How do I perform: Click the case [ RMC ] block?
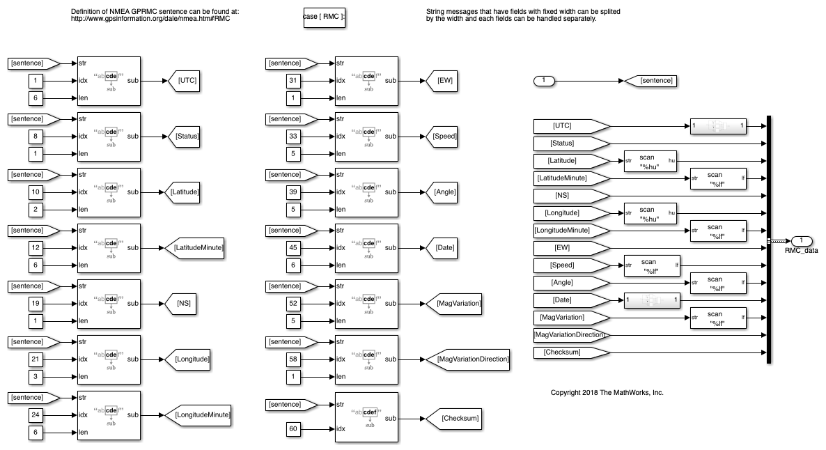[x=325, y=17]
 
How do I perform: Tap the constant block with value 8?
[x=37, y=137]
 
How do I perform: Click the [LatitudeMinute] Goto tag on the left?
[x=195, y=247]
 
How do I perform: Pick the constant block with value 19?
[x=37, y=304]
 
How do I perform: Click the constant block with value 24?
[x=37, y=415]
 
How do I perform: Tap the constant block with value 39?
[x=294, y=192]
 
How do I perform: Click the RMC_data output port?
[x=801, y=241]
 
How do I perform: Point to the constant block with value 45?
[x=294, y=248]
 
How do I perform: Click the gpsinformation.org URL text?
[x=150, y=19]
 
